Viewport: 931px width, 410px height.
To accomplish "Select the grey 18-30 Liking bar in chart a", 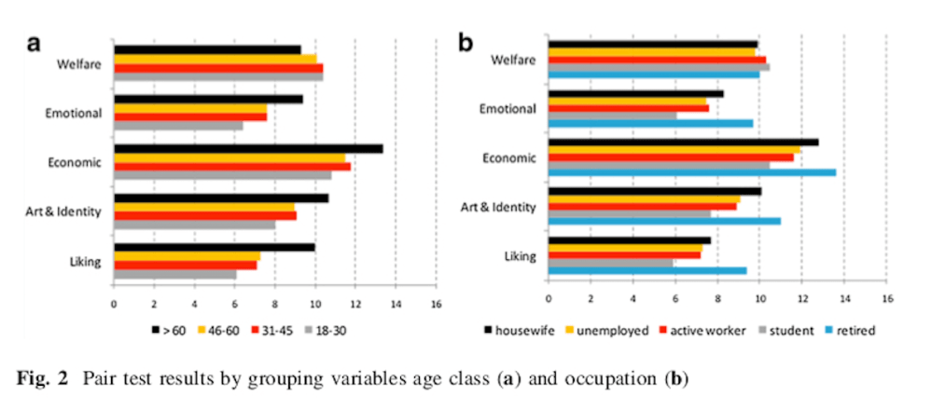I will (x=175, y=274).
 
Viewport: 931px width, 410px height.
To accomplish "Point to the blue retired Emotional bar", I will (x=650, y=123).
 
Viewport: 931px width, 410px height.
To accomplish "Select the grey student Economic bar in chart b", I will (x=659, y=165).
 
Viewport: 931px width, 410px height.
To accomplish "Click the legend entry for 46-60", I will (x=219, y=330).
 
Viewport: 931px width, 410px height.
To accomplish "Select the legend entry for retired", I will (x=855, y=330).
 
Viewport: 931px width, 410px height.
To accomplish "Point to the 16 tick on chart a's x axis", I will (x=436, y=305).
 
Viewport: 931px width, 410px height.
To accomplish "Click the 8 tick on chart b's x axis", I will (x=717, y=299).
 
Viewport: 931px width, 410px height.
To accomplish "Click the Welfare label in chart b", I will (x=514, y=61).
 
